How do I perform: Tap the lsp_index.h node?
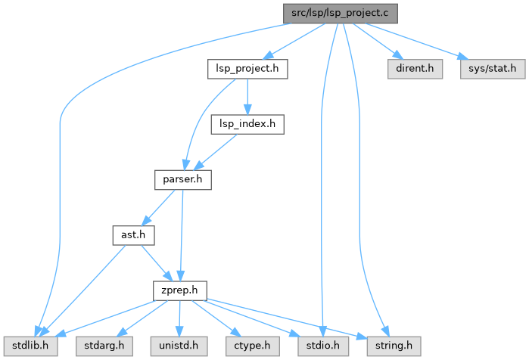(x=247, y=124)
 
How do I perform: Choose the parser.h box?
(x=182, y=180)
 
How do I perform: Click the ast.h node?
(x=133, y=235)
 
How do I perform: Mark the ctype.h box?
(x=250, y=346)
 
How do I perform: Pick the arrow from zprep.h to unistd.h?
(x=179, y=318)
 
